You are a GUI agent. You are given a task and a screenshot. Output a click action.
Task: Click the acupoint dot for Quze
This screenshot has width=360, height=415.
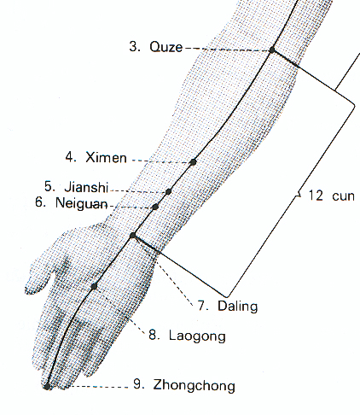[x=272, y=50]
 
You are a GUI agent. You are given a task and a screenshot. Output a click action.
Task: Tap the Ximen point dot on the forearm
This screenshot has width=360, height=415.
[x=193, y=162]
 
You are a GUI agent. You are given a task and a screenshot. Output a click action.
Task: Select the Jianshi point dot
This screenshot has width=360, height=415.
[x=168, y=191]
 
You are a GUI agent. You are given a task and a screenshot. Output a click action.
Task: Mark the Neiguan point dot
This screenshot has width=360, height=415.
[x=155, y=207]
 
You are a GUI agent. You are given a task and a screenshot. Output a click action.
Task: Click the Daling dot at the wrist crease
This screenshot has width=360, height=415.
[x=133, y=236]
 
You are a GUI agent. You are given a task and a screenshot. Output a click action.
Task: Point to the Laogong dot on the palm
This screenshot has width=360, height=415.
[x=94, y=286]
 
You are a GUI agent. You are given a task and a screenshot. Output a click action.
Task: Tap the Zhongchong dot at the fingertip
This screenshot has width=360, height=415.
[x=47, y=386]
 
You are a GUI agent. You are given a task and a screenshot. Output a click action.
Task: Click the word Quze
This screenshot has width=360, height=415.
[x=165, y=47]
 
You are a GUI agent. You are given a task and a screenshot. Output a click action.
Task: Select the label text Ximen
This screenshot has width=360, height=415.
[x=106, y=157]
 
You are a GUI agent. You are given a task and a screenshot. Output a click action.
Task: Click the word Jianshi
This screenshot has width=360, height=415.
[x=86, y=187]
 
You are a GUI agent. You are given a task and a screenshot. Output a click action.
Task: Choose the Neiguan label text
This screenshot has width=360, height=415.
[x=82, y=203]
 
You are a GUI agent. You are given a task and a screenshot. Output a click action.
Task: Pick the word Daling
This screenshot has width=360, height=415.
[x=238, y=307]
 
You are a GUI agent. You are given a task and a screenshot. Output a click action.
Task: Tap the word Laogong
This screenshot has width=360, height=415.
[x=197, y=336]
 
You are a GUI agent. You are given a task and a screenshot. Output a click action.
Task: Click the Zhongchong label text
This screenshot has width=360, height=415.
[x=195, y=386]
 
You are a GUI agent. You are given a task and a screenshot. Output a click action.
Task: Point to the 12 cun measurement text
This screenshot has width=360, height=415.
[x=332, y=196]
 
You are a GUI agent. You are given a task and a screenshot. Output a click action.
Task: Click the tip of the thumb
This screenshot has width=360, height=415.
[x=28, y=289]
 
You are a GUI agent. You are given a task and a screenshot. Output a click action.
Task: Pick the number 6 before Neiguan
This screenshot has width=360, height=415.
[x=40, y=202]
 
